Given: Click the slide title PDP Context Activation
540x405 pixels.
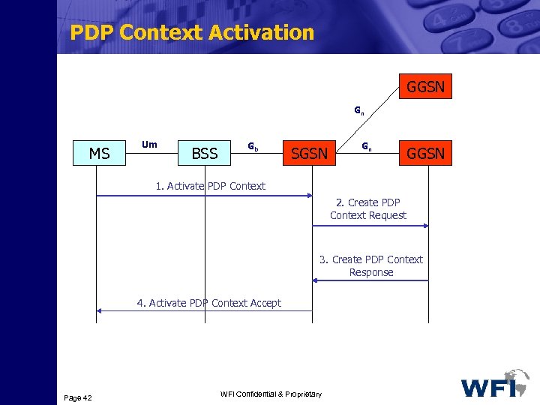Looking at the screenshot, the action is tap(191, 33).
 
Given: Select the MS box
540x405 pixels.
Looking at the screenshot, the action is tap(100, 154).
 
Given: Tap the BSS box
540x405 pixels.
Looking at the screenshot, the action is tap(204, 154).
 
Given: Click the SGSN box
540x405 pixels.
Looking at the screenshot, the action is tap(309, 154).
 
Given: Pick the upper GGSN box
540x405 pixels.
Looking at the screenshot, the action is tap(425, 87).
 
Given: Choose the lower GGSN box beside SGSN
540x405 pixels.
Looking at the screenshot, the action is tap(425, 154).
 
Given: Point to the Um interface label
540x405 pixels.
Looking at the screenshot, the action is tap(149, 144).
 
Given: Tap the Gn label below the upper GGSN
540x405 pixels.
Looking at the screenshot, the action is tap(359, 112).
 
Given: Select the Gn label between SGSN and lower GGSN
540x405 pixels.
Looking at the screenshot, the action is tap(365, 145).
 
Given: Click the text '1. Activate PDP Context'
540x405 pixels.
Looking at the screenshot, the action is tap(210, 186).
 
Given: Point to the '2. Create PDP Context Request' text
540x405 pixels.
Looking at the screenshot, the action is tap(367, 208).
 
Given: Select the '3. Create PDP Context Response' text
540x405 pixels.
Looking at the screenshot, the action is tap(370, 265).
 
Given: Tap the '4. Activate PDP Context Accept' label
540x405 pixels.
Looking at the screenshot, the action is tap(208, 303).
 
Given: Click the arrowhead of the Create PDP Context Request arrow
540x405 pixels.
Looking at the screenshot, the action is tap(424, 225).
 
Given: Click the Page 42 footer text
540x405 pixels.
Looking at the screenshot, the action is tap(78, 397).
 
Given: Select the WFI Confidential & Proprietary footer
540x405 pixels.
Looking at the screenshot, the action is tap(271, 394).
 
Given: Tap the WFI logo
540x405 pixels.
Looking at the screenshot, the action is tap(494, 384).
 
